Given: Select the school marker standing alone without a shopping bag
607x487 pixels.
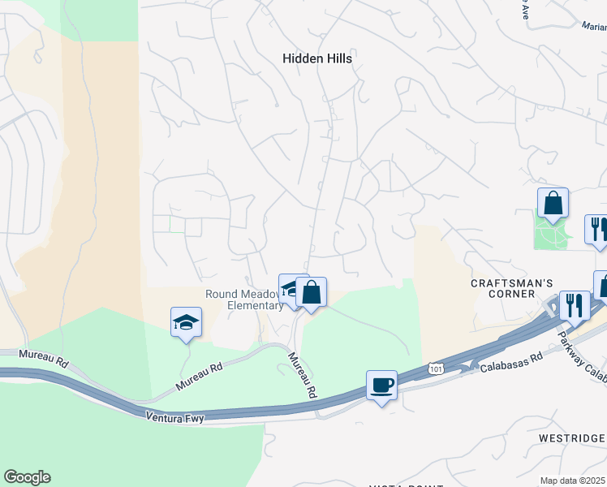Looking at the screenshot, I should tap(186, 322).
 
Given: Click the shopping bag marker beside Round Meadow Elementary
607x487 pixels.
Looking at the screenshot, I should tap(311, 292).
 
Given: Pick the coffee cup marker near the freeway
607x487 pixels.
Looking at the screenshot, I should tap(381, 386).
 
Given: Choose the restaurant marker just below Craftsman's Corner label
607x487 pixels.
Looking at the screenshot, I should tap(575, 306).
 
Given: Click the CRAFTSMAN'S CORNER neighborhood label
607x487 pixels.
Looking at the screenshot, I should tap(502, 288).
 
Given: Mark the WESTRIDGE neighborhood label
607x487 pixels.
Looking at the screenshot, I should tap(573, 438).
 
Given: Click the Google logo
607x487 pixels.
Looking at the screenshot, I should tap(27, 477).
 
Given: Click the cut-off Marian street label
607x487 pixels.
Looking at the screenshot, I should tap(594, 26).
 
